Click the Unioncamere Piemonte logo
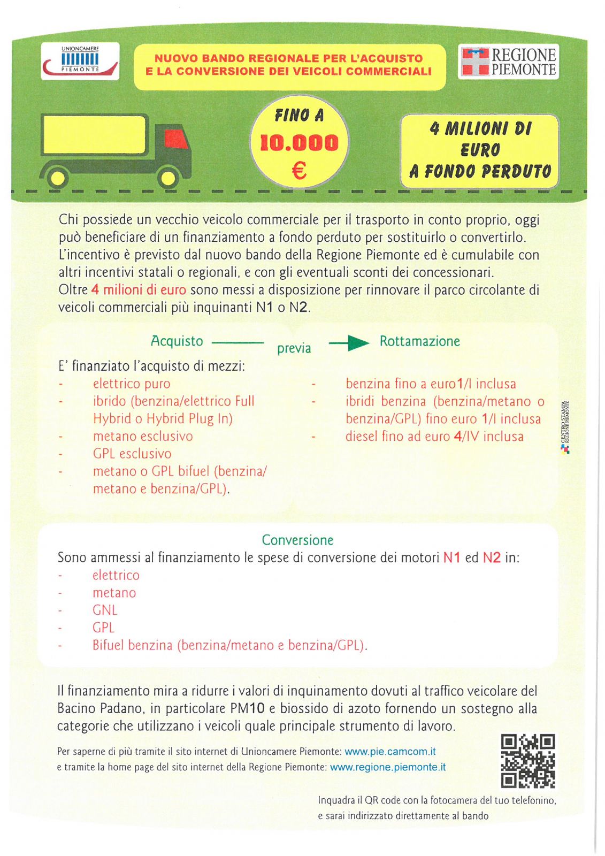(80, 62)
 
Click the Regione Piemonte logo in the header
(508, 62)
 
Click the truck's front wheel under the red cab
(169, 177)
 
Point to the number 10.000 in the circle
(299, 143)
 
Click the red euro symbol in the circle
(299, 171)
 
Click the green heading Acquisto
(177, 341)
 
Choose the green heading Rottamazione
(419, 341)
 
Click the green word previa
(294, 348)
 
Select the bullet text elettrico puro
(132, 384)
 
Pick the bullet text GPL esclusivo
(132, 454)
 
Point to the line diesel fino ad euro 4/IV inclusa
(434, 437)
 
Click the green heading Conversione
(297, 540)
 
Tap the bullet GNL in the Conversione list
(105, 610)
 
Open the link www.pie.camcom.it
(390, 752)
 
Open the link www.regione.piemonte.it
(388, 767)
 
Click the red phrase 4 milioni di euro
(139, 290)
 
